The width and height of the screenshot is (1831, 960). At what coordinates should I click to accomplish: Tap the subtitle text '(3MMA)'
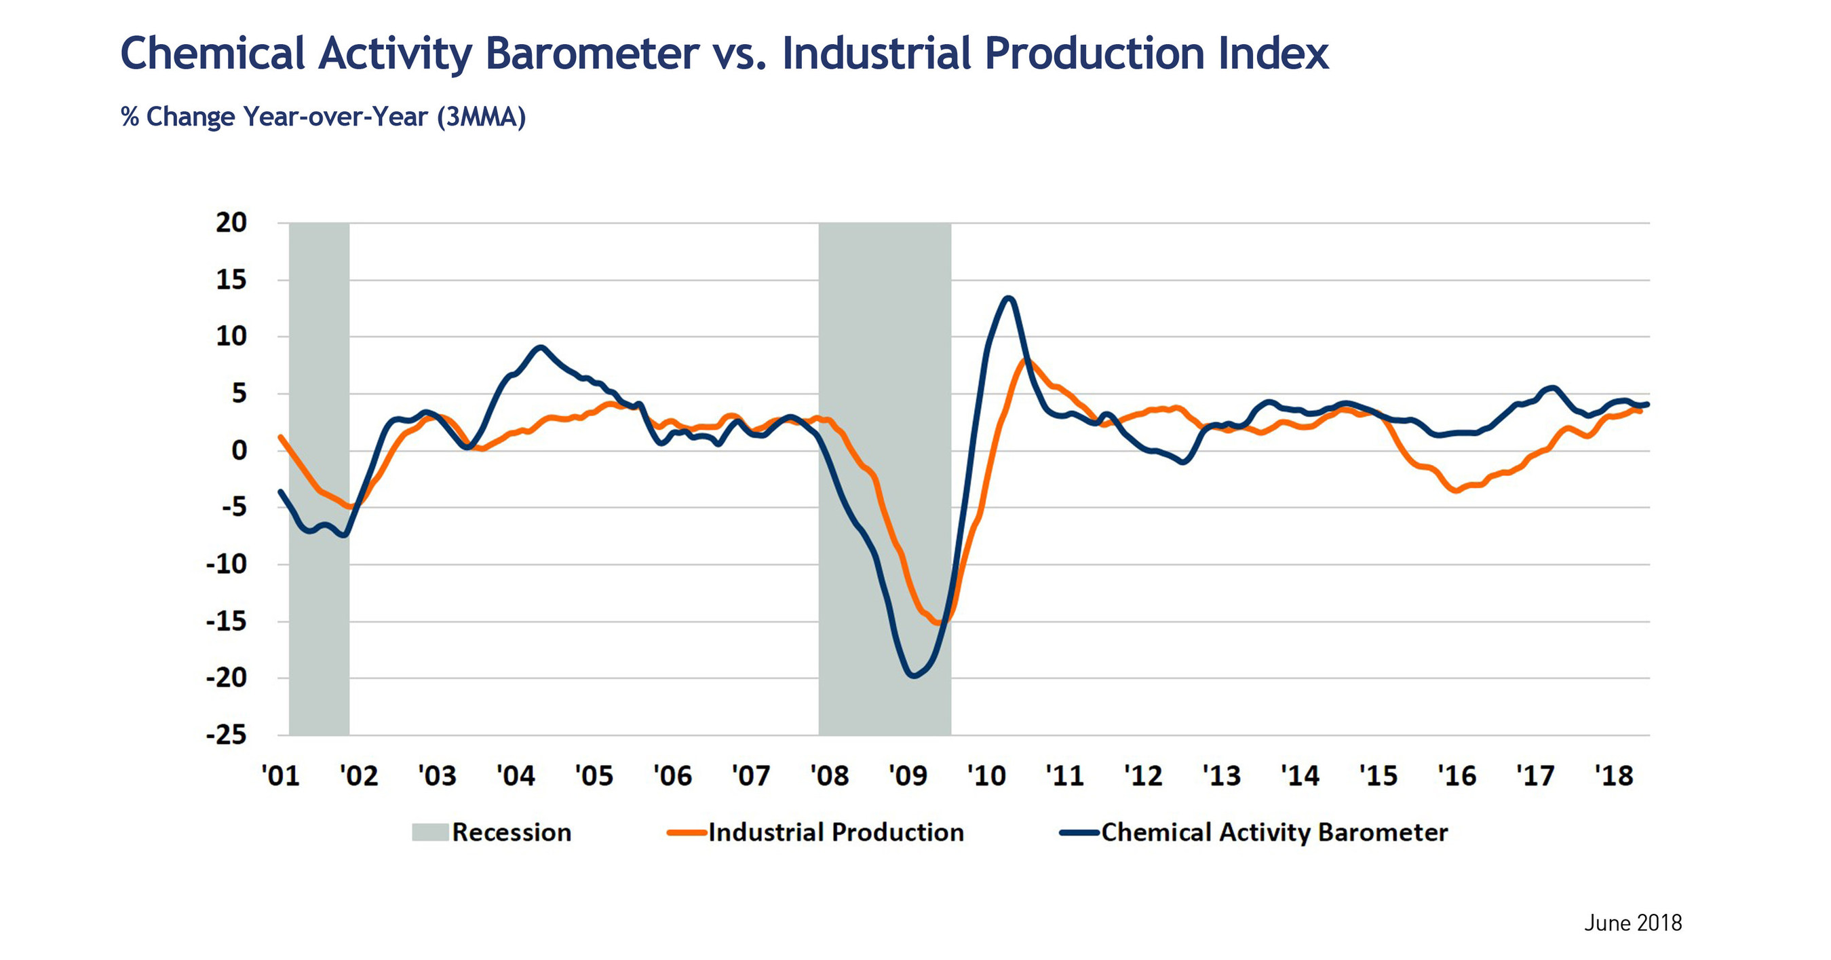click(481, 117)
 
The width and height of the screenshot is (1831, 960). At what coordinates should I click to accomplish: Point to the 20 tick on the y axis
click(231, 223)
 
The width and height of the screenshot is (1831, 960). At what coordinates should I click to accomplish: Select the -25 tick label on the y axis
click(226, 735)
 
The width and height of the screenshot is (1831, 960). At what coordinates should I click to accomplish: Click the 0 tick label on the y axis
click(239, 450)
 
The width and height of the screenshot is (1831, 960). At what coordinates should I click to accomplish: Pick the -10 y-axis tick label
click(226, 565)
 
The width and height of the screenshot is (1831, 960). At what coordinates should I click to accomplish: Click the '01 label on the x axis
click(280, 775)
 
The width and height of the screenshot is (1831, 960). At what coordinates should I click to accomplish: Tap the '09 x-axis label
click(908, 775)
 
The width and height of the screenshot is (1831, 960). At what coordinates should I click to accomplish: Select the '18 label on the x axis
click(1613, 775)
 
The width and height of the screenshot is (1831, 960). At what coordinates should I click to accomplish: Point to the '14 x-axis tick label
click(1300, 775)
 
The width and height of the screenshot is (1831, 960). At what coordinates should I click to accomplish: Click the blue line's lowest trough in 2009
click(913, 676)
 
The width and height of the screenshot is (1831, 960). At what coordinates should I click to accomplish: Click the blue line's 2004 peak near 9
click(541, 348)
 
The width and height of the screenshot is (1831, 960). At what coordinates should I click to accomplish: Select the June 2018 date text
click(1633, 923)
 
